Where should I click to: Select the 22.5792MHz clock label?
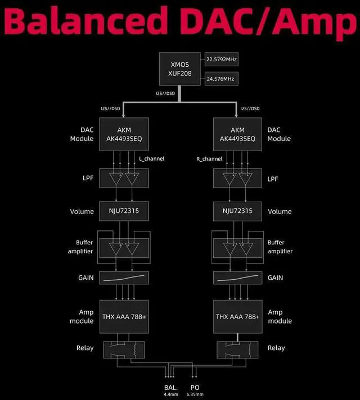pyautogui.click(x=221, y=59)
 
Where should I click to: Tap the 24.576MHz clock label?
pyautogui.click(x=221, y=80)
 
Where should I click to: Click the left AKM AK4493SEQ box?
pyautogui.click(x=124, y=134)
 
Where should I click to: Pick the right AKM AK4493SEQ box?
pyautogui.click(x=236, y=134)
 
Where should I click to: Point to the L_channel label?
pyautogui.click(x=152, y=159)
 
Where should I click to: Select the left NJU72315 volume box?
pyautogui.click(x=124, y=211)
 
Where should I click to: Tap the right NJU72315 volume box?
pyautogui.click(x=236, y=211)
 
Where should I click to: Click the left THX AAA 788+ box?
pyautogui.click(x=124, y=316)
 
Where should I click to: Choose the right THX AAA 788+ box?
pyautogui.click(x=236, y=316)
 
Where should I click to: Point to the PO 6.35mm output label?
pyautogui.click(x=194, y=390)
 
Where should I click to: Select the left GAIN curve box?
pyautogui.click(x=124, y=278)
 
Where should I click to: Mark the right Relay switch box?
pyautogui.click(x=236, y=348)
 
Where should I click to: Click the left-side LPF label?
pyautogui.click(x=86, y=179)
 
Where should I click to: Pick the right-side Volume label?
pyautogui.click(x=280, y=212)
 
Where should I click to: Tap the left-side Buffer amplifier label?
pyautogui.click(x=84, y=247)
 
